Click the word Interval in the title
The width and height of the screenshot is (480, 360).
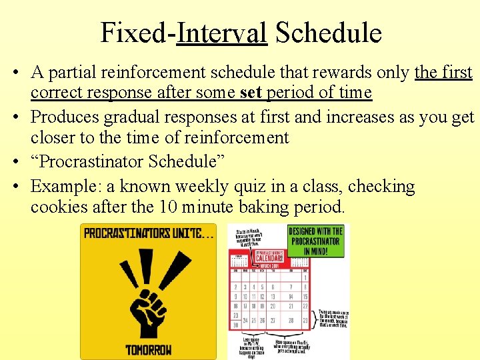tap(222, 32)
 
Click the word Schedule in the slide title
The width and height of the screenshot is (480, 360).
tap(327, 32)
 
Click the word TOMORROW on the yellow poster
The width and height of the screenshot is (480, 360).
tap(148, 349)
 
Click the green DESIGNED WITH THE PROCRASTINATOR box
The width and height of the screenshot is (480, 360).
tap(315, 241)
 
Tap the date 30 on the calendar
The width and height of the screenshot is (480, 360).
tap(235, 325)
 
